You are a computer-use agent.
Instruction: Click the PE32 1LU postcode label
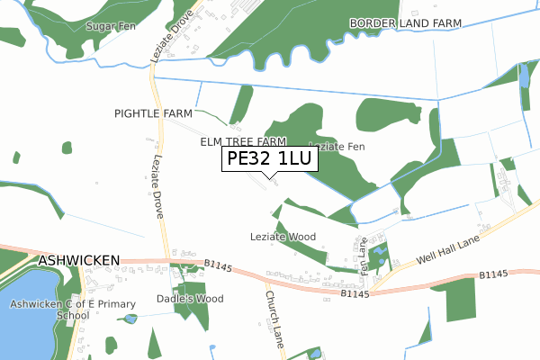coord(269,159)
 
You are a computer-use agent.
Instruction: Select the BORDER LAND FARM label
coord(406,22)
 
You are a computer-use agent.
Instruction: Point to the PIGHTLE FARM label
coord(153,113)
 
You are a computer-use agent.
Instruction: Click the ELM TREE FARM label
coord(242,142)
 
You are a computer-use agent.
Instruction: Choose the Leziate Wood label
coord(283,237)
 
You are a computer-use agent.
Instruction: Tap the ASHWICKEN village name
coord(79,260)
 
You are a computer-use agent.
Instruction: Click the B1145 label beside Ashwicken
coord(219,264)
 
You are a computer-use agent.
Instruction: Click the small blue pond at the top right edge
coord(524,76)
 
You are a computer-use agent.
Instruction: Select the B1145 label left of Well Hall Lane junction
coord(355,292)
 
